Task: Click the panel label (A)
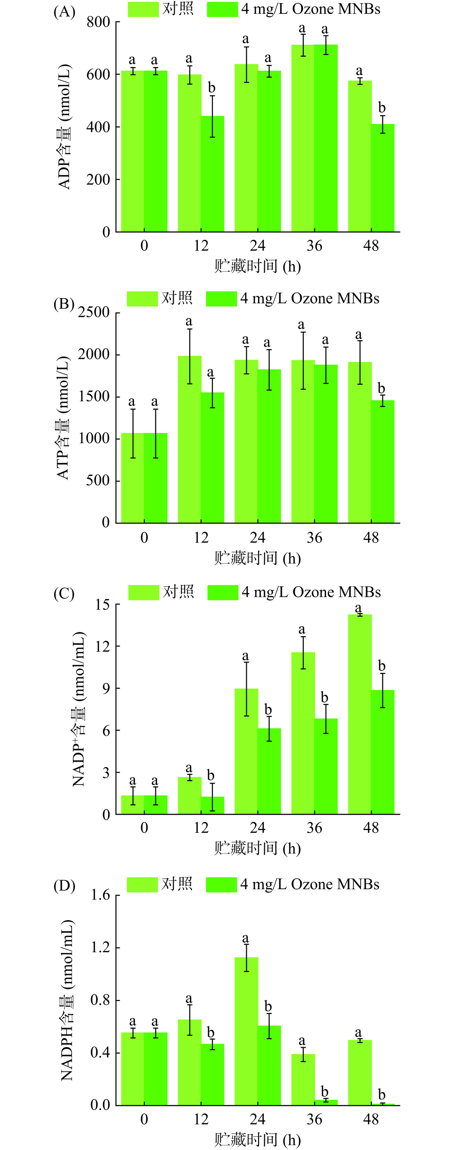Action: pyautogui.click(x=64, y=12)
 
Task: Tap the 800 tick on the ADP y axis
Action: pyautogui.click(x=98, y=22)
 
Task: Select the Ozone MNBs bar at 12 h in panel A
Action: pyautogui.click(x=212, y=174)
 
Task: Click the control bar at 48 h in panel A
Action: pyautogui.click(x=360, y=156)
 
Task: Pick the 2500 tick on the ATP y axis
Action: pyautogui.click(x=94, y=312)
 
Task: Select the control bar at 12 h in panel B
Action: pyautogui.click(x=190, y=440)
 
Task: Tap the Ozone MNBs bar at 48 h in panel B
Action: pyautogui.click(x=383, y=462)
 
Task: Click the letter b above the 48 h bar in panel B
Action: pyautogui.click(x=382, y=388)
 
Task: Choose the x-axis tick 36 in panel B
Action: pyautogui.click(x=315, y=538)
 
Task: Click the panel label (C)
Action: pyautogui.click(x=64, y=594)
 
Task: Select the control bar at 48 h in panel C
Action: pyautogui.click(x=360, y=714)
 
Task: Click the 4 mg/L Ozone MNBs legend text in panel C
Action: pyautogui.click(x=311, y=592)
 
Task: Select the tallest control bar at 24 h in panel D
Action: pyautogui.click(x=246, y=1031)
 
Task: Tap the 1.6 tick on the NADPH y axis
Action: pyautogui.click(x=100, y=896)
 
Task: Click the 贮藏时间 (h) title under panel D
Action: pyautogui.click(x=257, y=1139)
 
